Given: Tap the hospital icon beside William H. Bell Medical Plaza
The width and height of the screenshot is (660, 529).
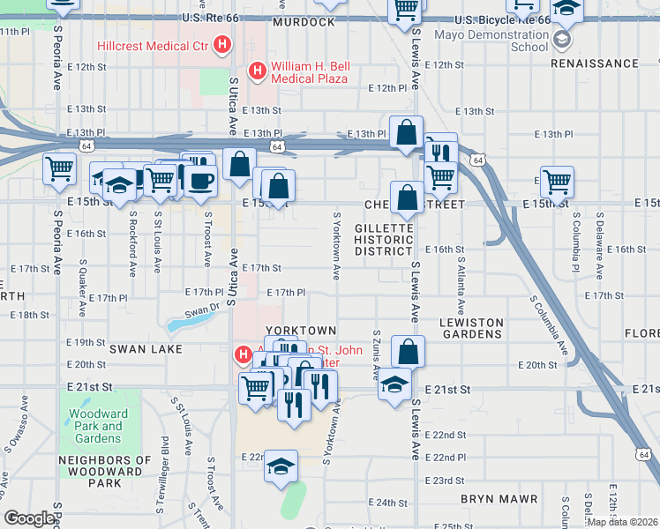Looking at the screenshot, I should (257, 70).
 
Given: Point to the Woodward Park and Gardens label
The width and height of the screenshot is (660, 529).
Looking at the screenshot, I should (98, 426).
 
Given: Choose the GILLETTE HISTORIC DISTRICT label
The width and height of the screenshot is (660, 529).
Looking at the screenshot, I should (384, 239).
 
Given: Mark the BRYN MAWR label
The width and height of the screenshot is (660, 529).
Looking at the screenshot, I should (499, 499).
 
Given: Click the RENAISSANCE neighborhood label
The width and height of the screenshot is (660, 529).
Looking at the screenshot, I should (594, 63).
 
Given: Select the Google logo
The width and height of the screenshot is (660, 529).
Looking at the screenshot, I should (29, 518).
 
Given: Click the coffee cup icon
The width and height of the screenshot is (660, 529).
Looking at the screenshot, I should (202, 181).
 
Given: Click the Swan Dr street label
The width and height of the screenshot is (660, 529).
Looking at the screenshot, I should (202, 310).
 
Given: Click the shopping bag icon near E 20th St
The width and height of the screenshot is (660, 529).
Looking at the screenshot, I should (408, 352).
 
